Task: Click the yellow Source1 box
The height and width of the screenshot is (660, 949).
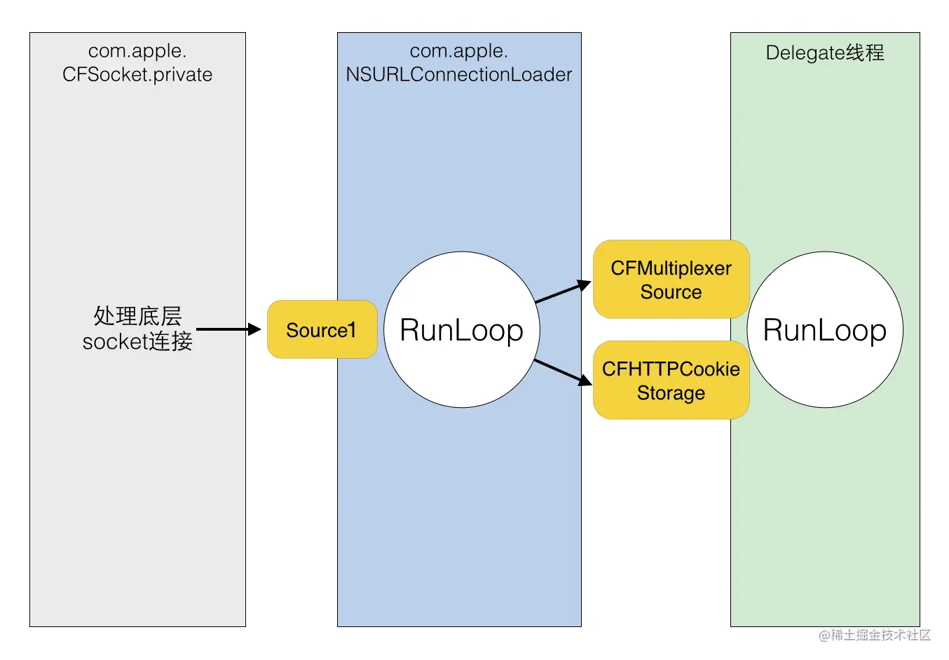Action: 322,329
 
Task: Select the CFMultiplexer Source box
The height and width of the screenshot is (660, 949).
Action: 671,280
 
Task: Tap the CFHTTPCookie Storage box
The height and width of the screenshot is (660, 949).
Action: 671,380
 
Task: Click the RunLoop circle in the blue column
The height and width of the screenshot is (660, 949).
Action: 461,329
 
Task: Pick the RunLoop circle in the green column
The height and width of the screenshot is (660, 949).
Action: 824,329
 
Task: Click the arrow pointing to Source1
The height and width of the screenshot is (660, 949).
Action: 228,329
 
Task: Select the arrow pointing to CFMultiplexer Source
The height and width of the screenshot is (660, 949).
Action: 563,292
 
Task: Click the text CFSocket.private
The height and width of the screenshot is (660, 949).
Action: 137,74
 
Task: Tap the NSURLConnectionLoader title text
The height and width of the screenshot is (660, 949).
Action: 459,74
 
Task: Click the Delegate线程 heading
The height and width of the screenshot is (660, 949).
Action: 825,53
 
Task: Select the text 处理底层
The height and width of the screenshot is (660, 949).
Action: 137,316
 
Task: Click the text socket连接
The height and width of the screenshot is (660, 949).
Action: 137,341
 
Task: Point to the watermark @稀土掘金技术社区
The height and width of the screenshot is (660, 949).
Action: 875,635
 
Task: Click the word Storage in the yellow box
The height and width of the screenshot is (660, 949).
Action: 671,393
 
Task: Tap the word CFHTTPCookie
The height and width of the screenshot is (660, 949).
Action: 671,369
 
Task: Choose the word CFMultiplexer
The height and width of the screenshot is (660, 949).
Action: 671,268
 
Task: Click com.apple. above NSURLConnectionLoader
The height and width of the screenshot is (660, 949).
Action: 459,51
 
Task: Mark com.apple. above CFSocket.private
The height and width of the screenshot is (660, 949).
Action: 137,51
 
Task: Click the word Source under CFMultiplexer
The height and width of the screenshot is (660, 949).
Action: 671,292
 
